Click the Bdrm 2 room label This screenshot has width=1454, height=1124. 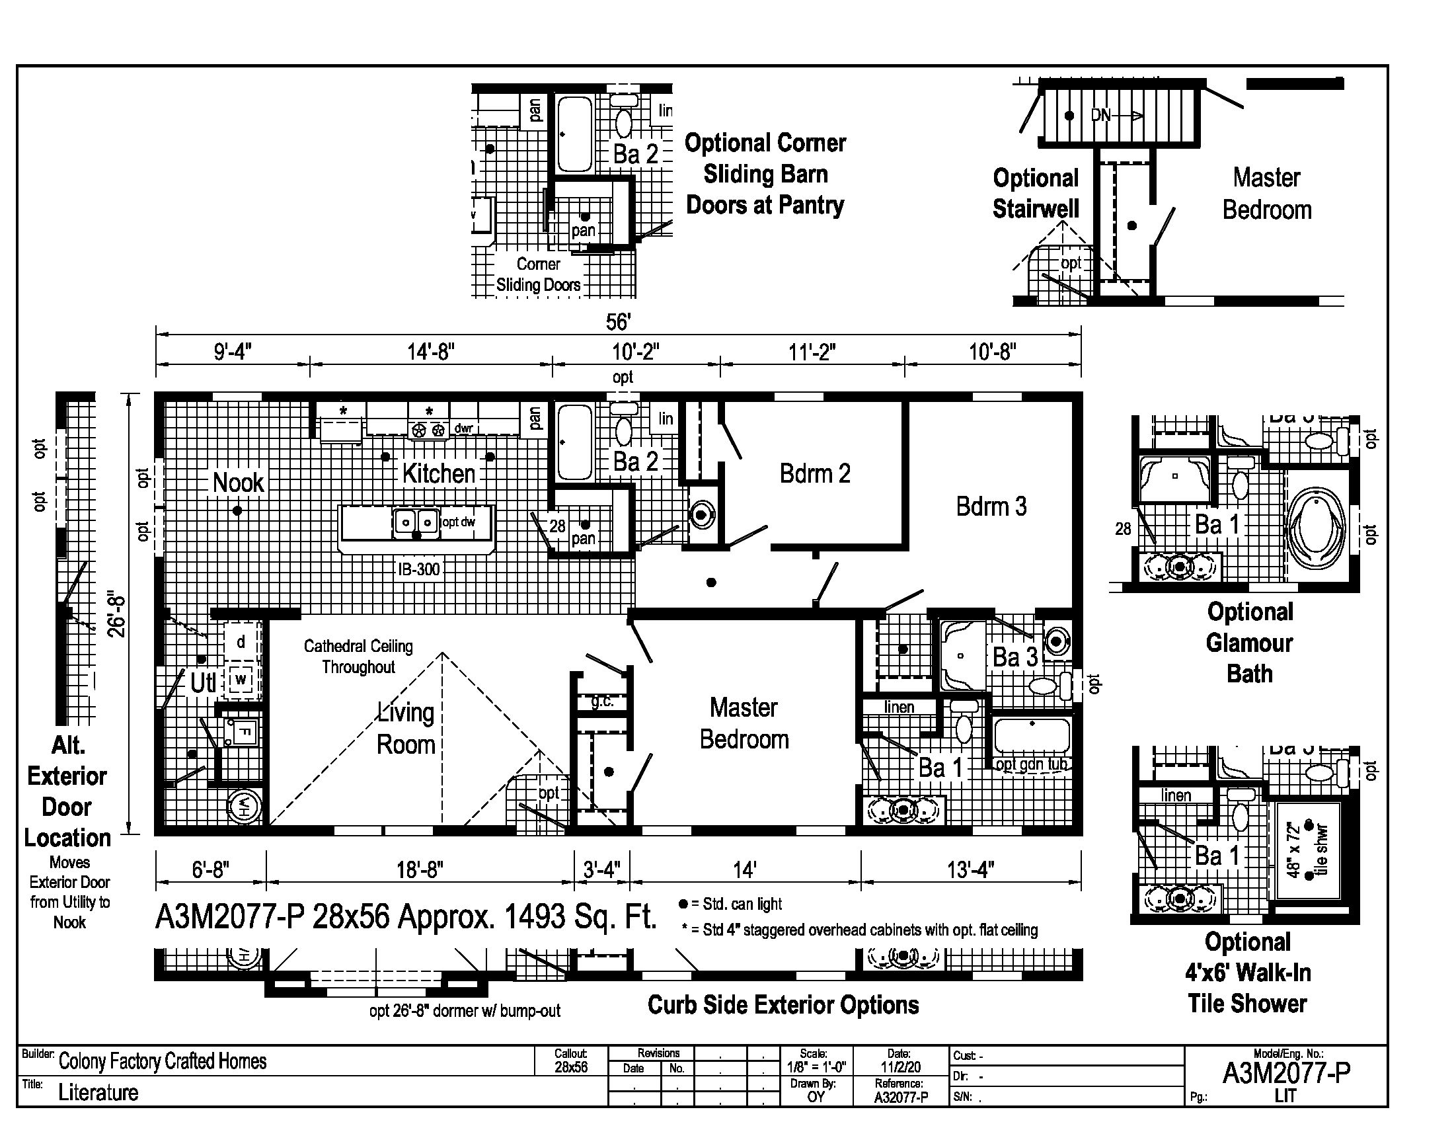pos(815,473)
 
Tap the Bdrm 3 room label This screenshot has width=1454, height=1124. pos(991,506)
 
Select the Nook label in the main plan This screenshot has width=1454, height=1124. pos(238,483)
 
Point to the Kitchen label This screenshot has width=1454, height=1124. pos(439,473)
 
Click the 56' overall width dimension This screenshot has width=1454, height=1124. pos(618,322)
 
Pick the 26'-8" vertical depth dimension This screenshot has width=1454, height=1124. pos(117,614)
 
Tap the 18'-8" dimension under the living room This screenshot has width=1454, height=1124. pos(420,869)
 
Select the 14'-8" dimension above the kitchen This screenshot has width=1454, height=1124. pos(431,351)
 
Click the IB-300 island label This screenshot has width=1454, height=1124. pos(419,569)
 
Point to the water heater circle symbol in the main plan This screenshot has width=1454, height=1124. pos(245,808)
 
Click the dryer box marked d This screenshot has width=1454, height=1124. pos(241,643)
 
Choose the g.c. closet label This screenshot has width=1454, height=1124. pos(602,702)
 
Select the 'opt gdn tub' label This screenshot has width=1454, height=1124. pos(1031,764)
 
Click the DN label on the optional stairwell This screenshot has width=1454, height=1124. pos(1101,115)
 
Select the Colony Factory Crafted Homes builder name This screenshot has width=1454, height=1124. pos(163,1061)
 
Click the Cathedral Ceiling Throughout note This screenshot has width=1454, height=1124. pos(358,657)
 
